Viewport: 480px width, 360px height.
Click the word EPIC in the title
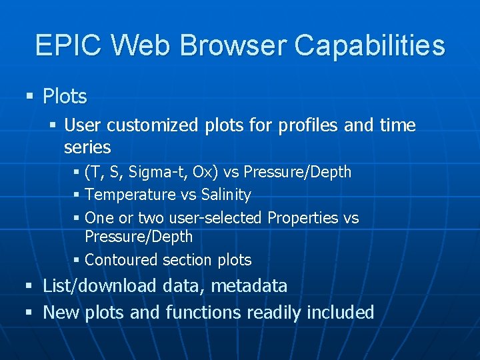[x=69, y=46]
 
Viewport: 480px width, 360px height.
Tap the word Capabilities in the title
[x=369, y=46]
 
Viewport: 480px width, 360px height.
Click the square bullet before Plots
[x=29, y=97]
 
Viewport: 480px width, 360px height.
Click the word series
[x=87, y=147]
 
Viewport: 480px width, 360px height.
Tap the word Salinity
[x=225, y=195]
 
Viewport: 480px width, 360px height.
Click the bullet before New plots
[x=29, y=313]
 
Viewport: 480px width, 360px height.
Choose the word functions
[x=203, y=313]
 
